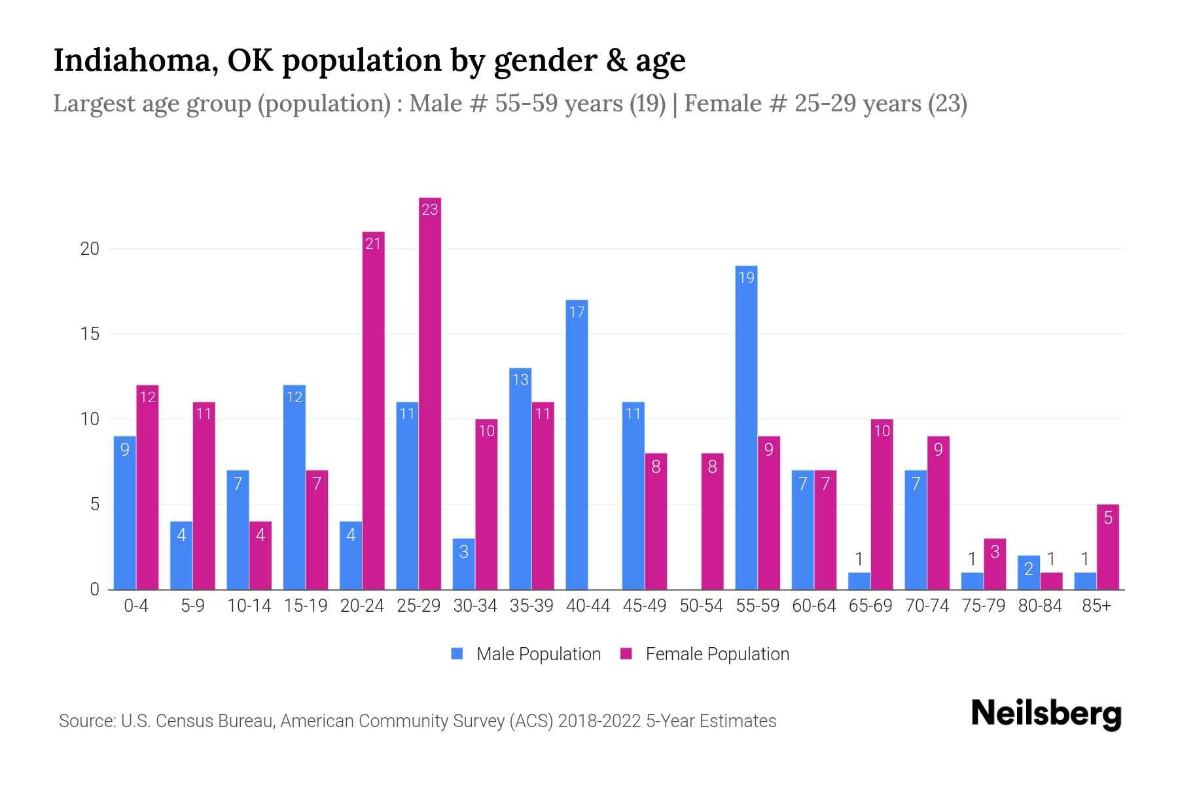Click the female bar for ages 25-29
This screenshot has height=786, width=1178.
coord(430,393)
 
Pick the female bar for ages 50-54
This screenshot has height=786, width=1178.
coord(712,521)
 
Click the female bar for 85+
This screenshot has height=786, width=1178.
coord(1107,547)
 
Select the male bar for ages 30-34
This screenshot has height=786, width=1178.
coord(463,563)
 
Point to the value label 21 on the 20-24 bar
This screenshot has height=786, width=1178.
coord(373,244)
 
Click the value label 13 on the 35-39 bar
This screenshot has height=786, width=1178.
coord(520,380)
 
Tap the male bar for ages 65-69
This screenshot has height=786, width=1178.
coord(859,581)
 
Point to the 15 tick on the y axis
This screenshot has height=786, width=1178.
coord(90,334)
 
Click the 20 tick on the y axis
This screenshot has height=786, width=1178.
coord(90,249)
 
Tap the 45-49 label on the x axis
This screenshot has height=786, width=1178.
coord(645,606)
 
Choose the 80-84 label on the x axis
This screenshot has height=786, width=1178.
coord(1040,606)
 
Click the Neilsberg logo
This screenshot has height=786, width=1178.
coord(1046,714)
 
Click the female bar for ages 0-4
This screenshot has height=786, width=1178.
coord(147,487)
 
